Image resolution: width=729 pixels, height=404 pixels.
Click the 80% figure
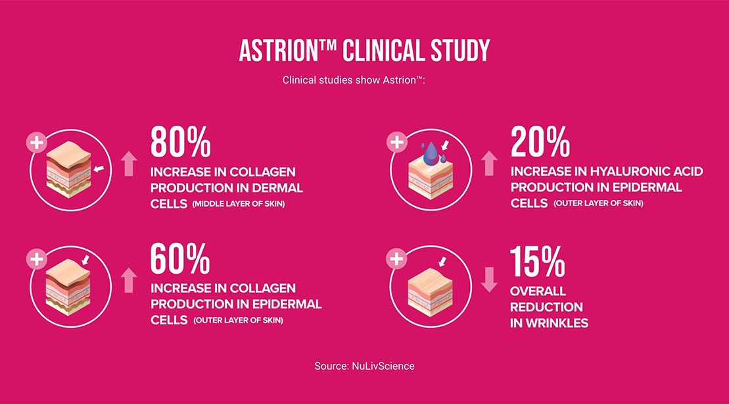pyautogui.click(x=180, y=142)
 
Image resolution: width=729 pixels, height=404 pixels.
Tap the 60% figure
pyautogui.click(x=180, y=259)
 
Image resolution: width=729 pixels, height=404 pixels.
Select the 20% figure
pyautogui.click(x=540, y=142)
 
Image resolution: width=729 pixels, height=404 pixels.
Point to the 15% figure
pyautogui.click(x=538, y=261)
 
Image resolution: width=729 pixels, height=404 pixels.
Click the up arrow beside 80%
pyautogui.click(x=129, y=163)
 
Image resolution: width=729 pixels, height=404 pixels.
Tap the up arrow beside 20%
pyautogui.click(x=488, y=163)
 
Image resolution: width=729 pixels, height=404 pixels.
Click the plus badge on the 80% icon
pyautogui.click(x=36, y=142)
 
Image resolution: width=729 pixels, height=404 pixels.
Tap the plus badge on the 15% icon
pyautogui.click(x=396, y=259)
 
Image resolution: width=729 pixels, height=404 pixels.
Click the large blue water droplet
pyautogui.click(x=430, y=153)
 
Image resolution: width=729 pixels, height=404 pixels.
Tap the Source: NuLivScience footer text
pyautogui.click(x=364, y=366)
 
